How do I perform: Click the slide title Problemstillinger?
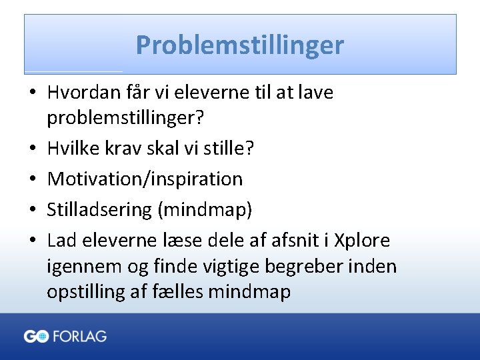[x=240, y=45]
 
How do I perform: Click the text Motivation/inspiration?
[x=145, y=179]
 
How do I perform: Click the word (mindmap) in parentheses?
[x=205, y=209]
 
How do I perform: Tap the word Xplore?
[x=362, y=240]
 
